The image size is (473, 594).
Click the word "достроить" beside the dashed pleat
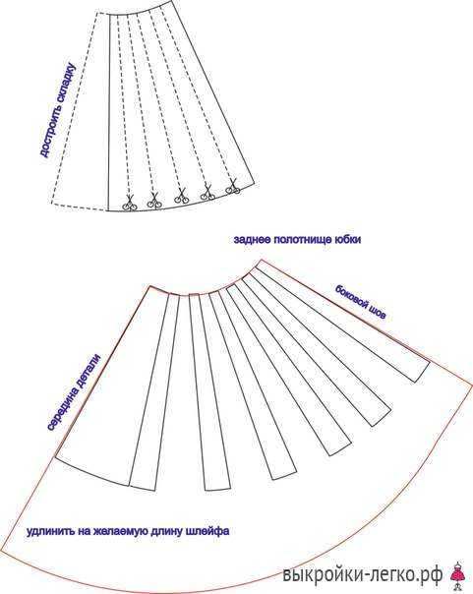coord(52,130)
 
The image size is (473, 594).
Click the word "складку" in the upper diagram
coord(67,83)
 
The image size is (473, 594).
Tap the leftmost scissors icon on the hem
coord(130,204)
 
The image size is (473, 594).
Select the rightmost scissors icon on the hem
coord(233,187)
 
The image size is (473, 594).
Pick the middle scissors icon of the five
coord(182,196)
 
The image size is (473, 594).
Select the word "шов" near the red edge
coord(378,313)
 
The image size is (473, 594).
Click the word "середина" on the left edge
coord(64,407)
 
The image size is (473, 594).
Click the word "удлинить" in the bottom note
coord(50,531)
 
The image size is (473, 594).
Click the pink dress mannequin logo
coord(458,574)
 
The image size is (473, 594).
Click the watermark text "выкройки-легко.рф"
coord(363,574)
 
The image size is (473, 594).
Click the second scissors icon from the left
coord(154,201)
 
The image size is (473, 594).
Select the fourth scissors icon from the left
coord(207,192)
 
